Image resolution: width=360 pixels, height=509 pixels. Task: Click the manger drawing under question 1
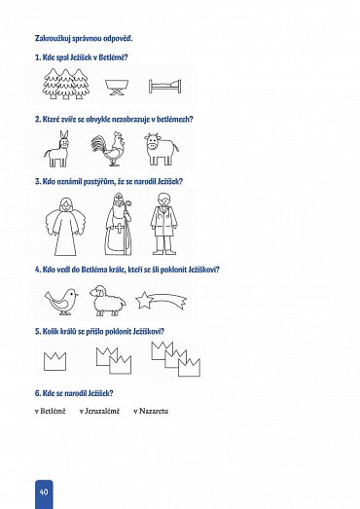coord(117,88)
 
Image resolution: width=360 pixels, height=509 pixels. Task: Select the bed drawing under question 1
coord(164,87)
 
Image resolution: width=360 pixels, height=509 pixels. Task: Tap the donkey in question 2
coord(57,149)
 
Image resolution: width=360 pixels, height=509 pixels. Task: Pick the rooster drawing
coord(108,149)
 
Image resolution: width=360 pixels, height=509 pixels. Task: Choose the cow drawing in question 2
coord(161,149)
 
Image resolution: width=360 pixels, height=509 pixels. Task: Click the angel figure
coord(65,227)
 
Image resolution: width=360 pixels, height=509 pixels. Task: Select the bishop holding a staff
coord(119,224)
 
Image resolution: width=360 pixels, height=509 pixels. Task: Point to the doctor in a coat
coord(163,224)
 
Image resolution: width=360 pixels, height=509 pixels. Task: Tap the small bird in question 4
coord(61,301)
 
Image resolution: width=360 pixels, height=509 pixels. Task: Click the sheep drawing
coord(108,301)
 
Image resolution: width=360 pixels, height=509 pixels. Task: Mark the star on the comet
coord(142,301)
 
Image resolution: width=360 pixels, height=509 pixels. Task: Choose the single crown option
coord(54,361)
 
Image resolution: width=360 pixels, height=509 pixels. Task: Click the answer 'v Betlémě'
coord(51,411)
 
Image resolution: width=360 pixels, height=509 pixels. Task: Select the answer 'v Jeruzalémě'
coord(99,411)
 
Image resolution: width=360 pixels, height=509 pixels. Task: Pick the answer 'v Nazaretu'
coord(151,411)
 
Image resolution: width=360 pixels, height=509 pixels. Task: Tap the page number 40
coord(44,491)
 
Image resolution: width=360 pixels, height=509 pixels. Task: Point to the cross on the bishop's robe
coord(120,228)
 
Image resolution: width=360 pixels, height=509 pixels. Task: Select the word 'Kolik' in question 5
coord(51,332)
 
